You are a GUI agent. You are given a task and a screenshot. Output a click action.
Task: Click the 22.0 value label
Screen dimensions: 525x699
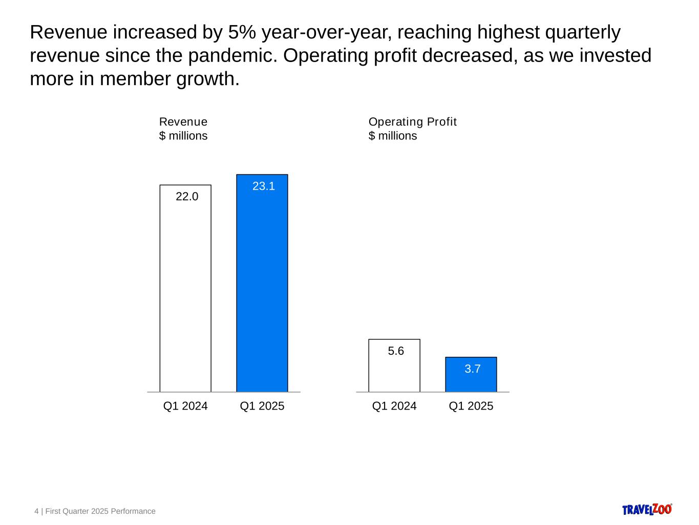coord(187,196)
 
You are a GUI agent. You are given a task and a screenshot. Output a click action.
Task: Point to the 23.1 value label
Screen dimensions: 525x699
coord(264,187)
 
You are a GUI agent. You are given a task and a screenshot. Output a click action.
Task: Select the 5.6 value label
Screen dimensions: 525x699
coord(396,351)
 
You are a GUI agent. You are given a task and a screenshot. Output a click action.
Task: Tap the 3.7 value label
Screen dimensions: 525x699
coord(472,369)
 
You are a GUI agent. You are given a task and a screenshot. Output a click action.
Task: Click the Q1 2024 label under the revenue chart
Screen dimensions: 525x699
coord(185,406)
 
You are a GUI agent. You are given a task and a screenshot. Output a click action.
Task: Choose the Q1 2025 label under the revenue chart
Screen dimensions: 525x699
coord(262,406)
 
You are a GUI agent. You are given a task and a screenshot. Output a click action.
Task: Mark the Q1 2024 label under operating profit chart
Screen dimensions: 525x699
coord(394,406)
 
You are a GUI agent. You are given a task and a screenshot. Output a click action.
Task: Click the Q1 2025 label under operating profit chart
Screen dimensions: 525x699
coord(471,406)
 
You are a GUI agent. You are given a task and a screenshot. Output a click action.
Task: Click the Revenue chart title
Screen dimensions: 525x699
coord(183,122)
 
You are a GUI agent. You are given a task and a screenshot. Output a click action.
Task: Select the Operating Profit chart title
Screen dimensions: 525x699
coord(413,122)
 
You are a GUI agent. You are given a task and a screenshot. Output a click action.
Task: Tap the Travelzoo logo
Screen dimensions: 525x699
coord(647,509)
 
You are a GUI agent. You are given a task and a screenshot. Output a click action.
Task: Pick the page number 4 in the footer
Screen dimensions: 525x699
coord(36,511)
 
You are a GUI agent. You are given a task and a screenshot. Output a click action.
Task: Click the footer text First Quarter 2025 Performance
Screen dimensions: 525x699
coord(100,511)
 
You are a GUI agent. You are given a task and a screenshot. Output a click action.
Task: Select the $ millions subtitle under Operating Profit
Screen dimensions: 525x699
coord(393,136)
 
